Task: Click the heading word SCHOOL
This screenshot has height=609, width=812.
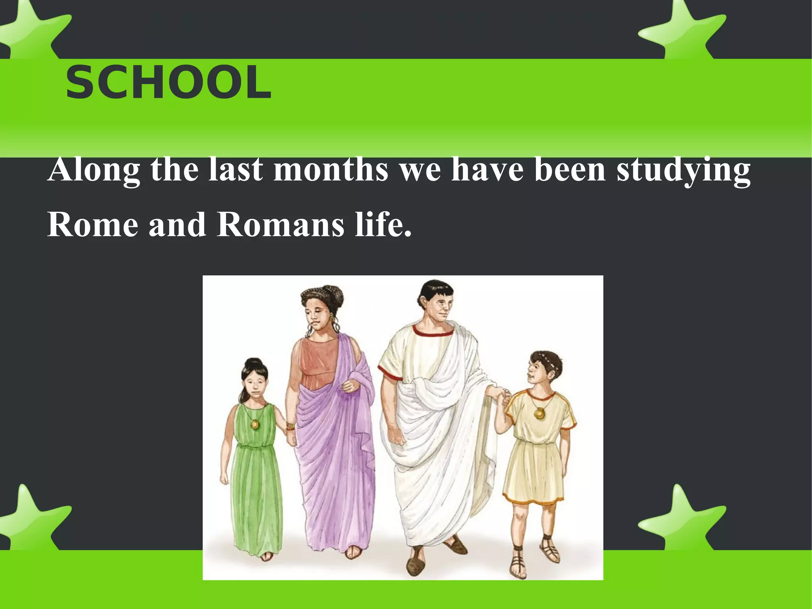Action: pyautogui.click(x=169, y=83)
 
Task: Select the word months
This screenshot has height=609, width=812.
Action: pyautogui.click(x=331, y=170)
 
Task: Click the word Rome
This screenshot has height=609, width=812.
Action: pyautogui.click(x=93, y=225)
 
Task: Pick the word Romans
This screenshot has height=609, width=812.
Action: pyautogui.click(x=281, y=225)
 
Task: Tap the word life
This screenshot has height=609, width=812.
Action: pyautogui.click(x=383, y=225)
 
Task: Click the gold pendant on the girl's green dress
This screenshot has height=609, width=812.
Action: pyautogui.click(x=255, y=425)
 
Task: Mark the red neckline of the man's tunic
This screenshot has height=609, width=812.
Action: pyautogui.click(x=433, y=332)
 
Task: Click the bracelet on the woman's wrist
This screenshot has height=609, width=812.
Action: pyautogui.click(x=291, y=427)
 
